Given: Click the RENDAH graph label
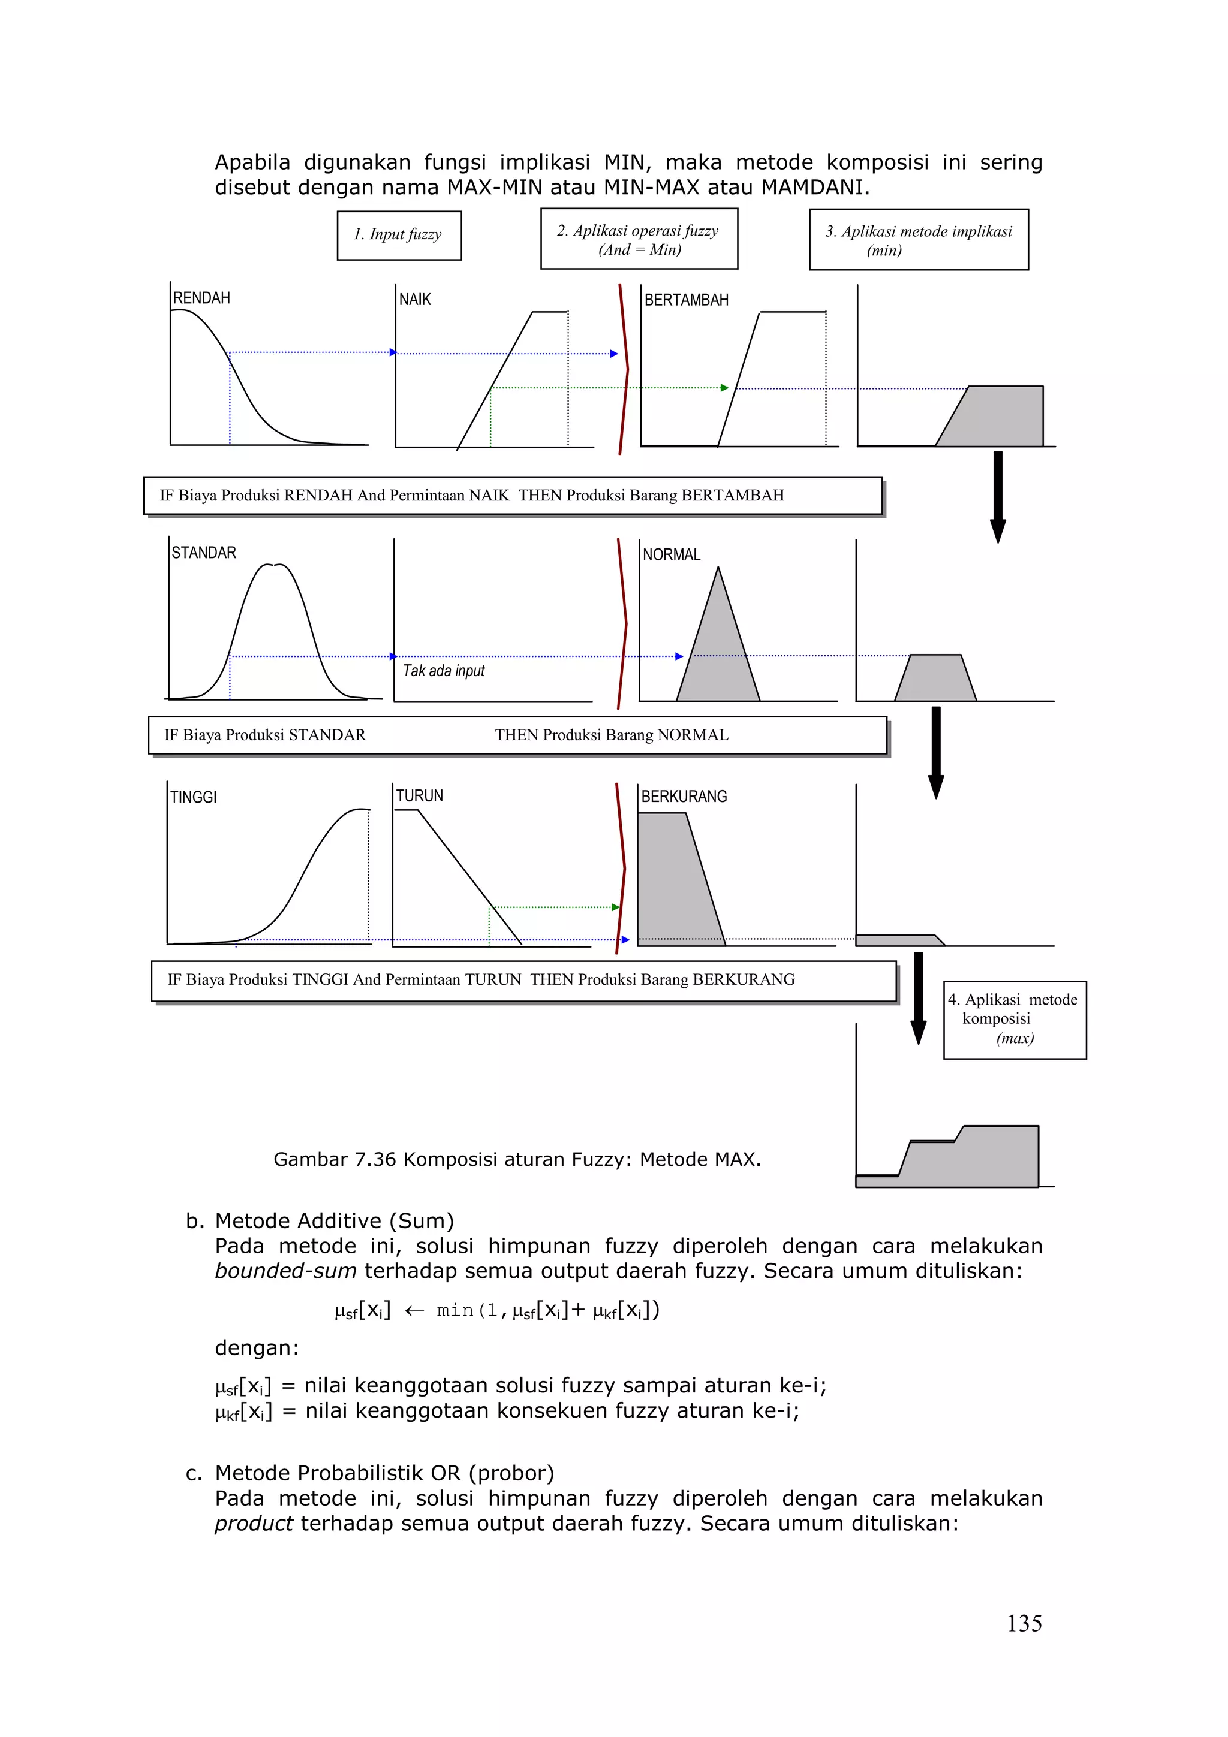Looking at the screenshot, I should point(201,298).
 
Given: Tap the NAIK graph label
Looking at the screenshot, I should point(414,300).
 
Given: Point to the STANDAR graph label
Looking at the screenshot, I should point(203,553).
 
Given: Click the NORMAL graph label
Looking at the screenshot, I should point(671,555).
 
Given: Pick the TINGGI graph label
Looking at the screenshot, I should point(193,797).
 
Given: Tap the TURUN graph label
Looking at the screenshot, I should point(419,796).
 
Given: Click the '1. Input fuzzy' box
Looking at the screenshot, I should point(399,236).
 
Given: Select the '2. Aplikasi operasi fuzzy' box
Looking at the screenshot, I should point(639,239).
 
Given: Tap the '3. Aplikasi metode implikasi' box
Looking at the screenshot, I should point(918,240).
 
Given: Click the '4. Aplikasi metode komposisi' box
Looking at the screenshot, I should point(1014,1019).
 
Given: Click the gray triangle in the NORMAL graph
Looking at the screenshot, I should point(718,658).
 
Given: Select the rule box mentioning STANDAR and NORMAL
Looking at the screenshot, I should point(517,735).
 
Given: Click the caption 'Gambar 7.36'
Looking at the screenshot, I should point(516,1160).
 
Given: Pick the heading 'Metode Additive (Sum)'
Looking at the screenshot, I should point(333,1221).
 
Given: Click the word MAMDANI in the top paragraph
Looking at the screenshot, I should point(814,188).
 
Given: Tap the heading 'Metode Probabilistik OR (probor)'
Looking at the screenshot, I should point(384,1473).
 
